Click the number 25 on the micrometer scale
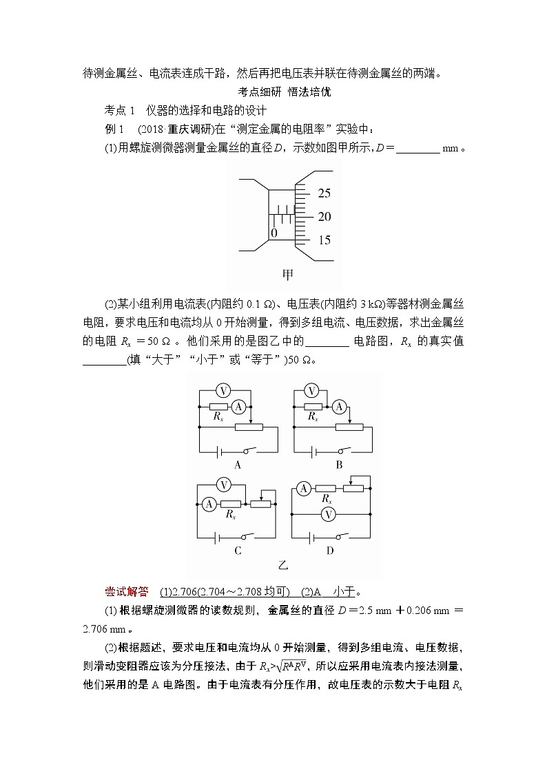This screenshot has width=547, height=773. coord(324,193)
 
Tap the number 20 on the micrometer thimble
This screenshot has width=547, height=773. coord(324,217)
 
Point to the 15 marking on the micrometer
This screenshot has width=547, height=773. coord(324,240)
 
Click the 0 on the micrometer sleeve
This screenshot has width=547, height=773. coord(274,233)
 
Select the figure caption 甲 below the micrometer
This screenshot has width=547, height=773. coord(288,275)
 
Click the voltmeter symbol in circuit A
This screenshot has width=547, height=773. coord(223,391)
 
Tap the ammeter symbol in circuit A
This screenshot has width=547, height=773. coord(238,407)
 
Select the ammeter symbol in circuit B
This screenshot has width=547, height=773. coord(339,407)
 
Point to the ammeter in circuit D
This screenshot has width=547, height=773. coord(303,489)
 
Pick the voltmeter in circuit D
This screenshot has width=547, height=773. coord(329,514)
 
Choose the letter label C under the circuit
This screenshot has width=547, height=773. coord(238,551)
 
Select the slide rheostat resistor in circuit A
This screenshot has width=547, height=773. coord(249,427)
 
